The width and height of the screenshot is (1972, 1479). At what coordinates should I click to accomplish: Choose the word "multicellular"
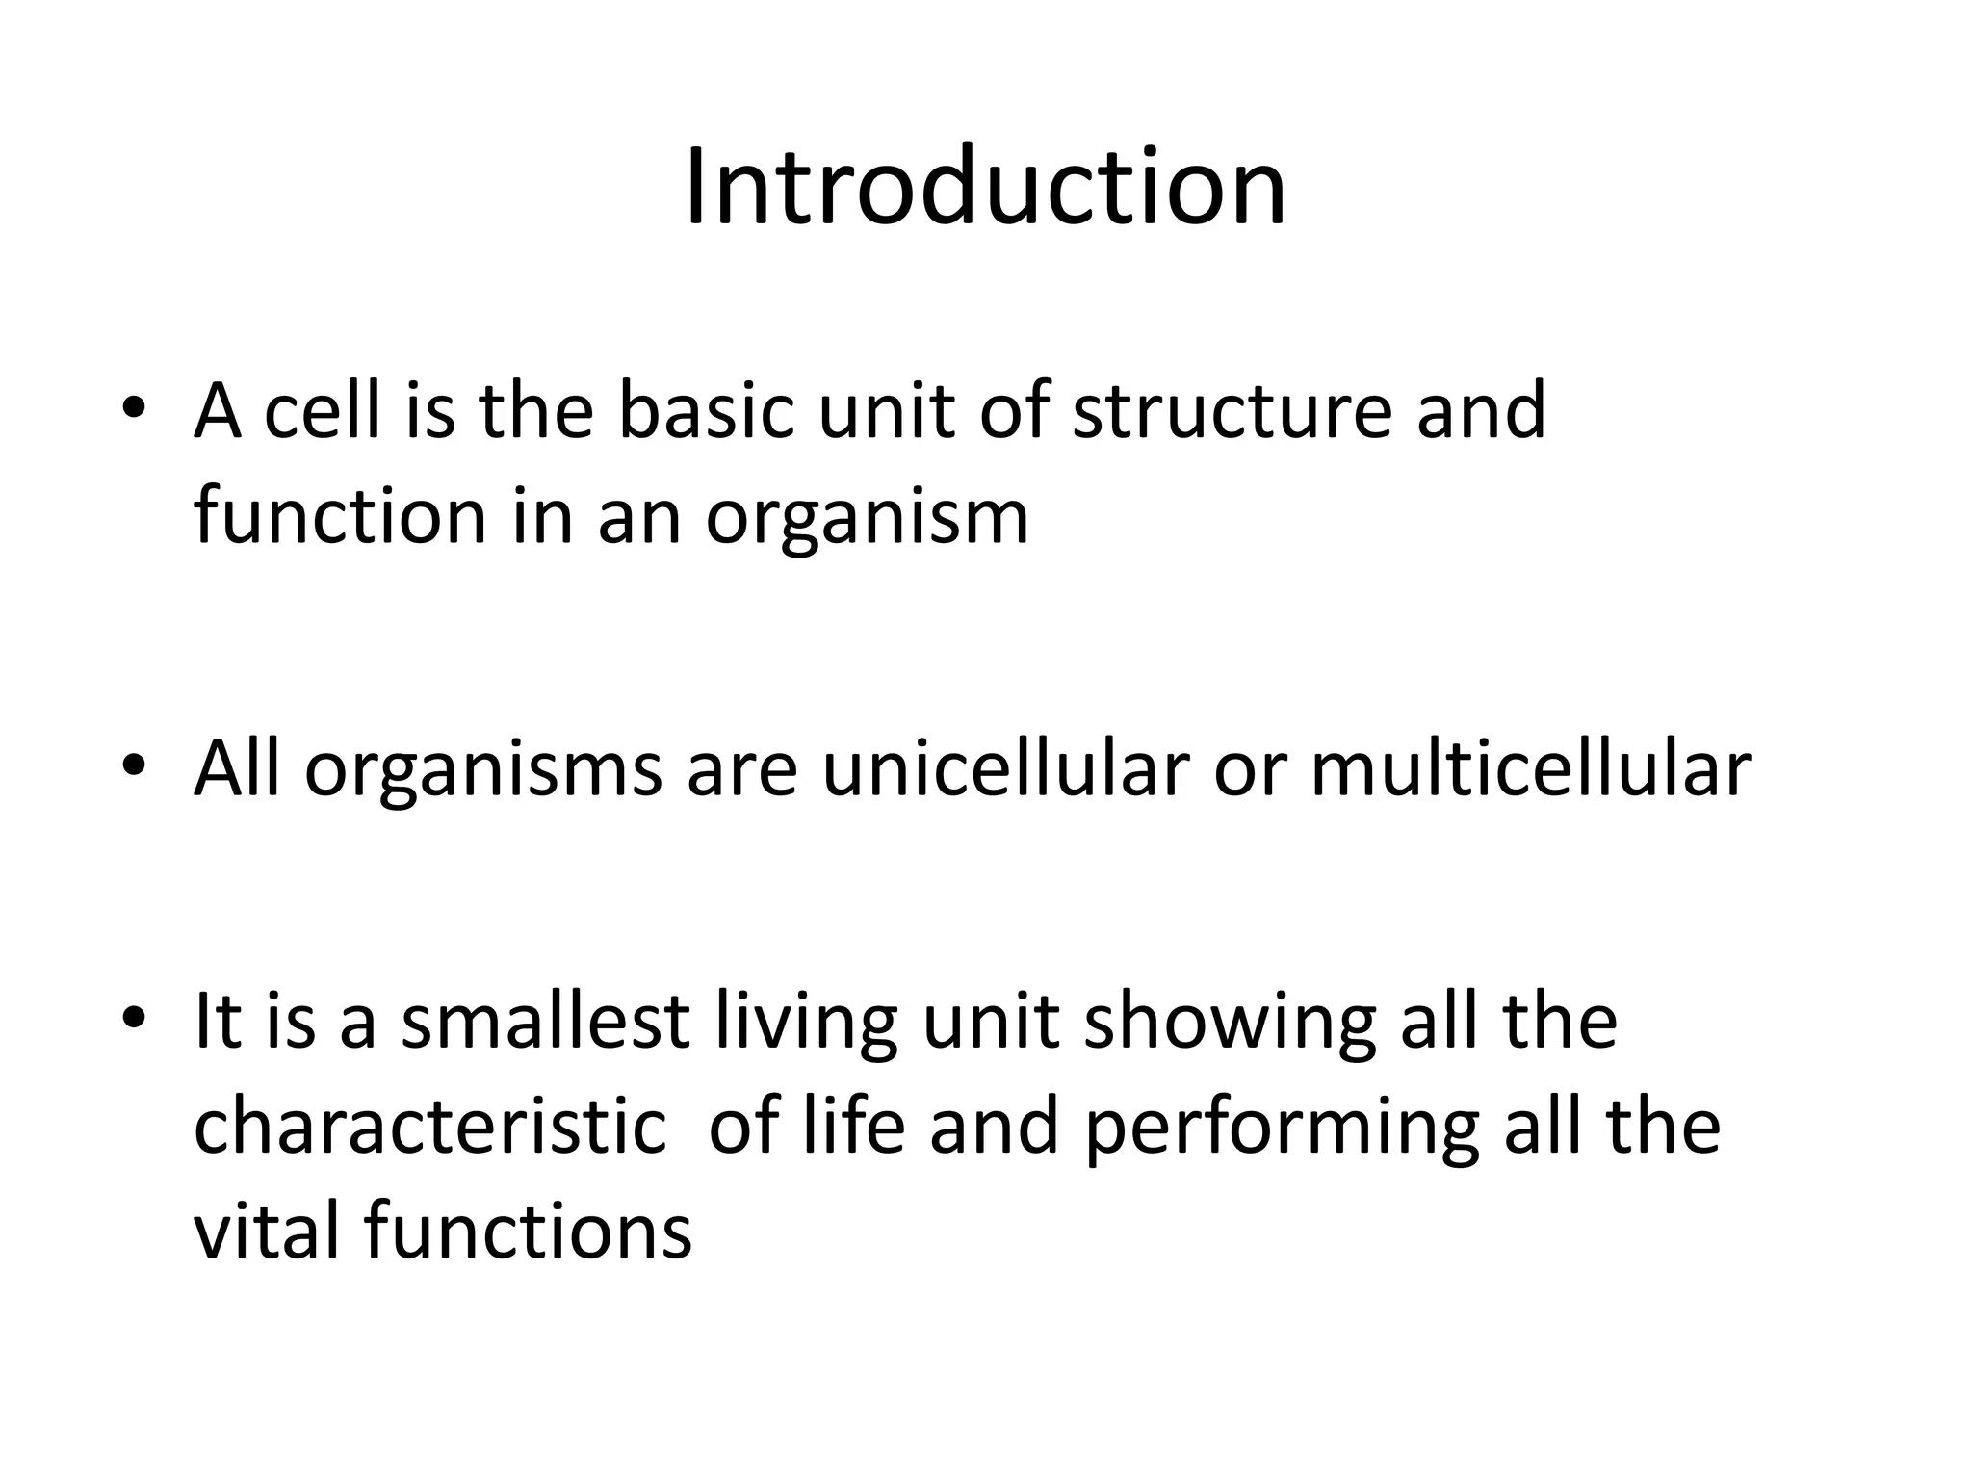pyautogui.click(x=1531, y=769)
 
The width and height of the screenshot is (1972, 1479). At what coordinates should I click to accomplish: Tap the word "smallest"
pyautogui.click(x=544, y=1022)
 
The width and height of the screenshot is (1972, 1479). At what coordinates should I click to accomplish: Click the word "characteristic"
pyautogui.click(x=429, y=1128)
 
